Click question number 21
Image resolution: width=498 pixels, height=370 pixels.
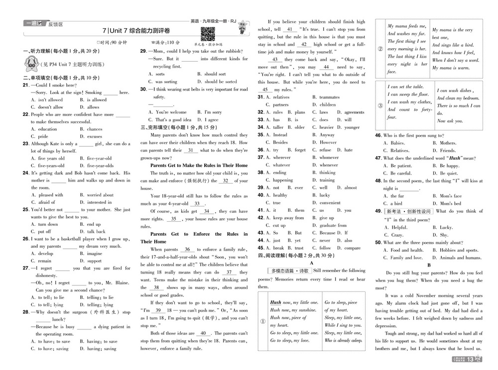pos(26,85)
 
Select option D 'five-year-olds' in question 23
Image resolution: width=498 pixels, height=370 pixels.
pos(99,166)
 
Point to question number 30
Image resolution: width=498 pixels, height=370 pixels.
pos(143,90)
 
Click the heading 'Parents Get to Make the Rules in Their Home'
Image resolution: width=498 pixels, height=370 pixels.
pos(199,165)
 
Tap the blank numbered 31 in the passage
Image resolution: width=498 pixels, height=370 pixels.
pos(190,150)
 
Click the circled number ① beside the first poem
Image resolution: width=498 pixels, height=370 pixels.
pos(263,321)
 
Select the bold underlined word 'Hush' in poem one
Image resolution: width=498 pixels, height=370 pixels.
pos(275,302)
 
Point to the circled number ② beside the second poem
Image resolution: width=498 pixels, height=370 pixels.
pos(380,49)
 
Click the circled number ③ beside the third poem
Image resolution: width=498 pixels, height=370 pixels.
pos(380,105)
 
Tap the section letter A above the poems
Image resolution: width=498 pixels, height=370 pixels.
pos(311,263)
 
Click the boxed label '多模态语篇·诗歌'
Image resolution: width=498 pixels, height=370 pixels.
pos(289,271)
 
